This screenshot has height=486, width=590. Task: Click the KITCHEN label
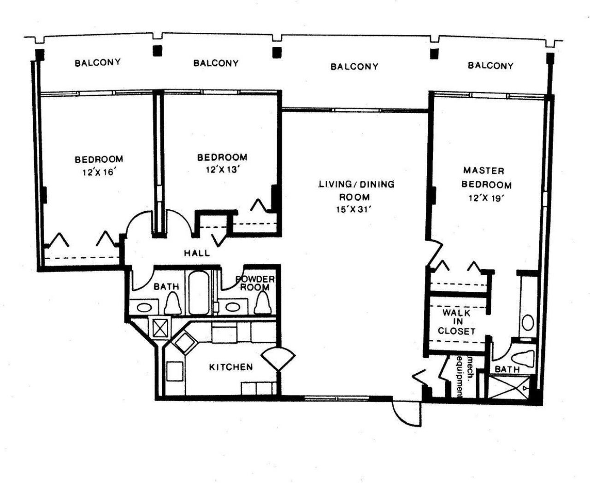click(231, 367)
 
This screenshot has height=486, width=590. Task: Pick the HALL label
click(197, 253)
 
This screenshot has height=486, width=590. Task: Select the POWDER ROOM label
click(255, 283)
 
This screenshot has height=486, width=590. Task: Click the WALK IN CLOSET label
click(456, 321)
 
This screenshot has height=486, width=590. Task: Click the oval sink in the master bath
click(528, 322)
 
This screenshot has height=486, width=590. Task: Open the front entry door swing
click(406, 413)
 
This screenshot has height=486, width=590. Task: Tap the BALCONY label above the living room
click(354, 66)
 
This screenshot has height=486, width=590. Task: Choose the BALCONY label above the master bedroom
click(490, 65)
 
